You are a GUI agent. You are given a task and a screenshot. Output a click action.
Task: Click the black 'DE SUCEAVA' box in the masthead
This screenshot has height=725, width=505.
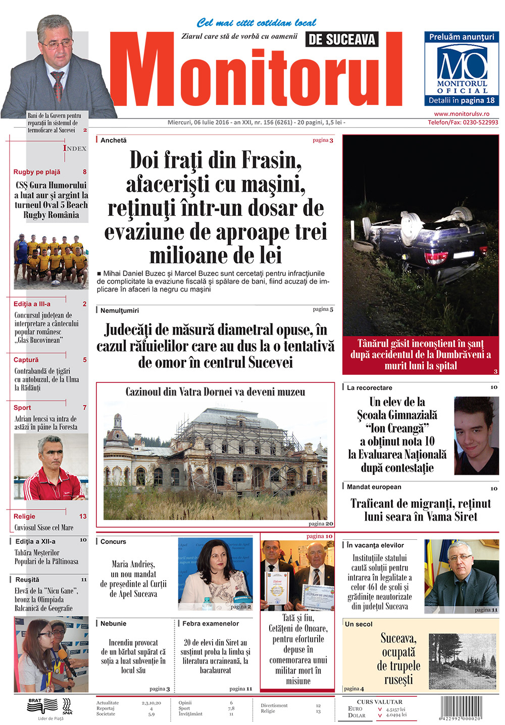(342, 39)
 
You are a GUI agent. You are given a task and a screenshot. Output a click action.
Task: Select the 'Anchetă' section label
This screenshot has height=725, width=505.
(114, 140)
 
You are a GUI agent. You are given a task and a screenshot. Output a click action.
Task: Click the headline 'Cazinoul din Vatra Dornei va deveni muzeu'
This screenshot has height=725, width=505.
(215, 392)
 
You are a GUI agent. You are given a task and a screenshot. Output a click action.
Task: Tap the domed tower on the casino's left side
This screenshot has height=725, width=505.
(118, 424)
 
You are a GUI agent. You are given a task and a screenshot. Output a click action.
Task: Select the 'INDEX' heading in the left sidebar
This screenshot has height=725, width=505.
(75, 148)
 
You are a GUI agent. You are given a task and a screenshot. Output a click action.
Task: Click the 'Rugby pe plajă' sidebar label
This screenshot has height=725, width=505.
(37, 172)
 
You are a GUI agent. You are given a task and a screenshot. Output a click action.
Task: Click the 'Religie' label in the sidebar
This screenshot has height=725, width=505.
(25, 517)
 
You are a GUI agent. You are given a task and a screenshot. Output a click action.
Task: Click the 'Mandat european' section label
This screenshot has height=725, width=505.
(374, 487)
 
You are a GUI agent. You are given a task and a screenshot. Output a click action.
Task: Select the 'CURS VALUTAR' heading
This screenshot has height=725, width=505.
(379, 702)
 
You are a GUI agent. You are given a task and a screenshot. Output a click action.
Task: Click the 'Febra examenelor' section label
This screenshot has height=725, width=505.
(211, 624)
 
